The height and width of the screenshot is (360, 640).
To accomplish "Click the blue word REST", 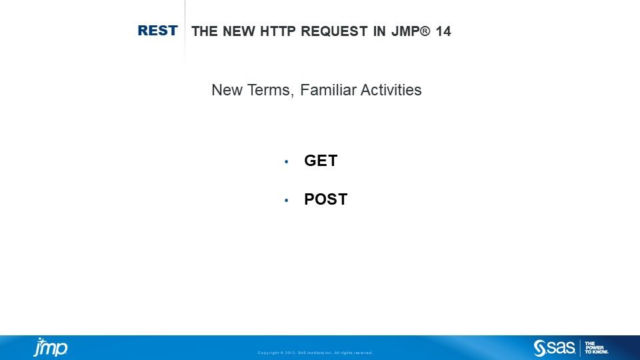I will tap(157, 31).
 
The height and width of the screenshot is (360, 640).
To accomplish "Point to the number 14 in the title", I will tap(443, 31).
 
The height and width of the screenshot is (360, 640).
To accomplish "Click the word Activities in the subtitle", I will tap(391, 90).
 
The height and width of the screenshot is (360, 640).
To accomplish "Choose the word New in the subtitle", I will tap(225, 90).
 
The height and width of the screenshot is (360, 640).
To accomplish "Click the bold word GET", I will tap(321, 161).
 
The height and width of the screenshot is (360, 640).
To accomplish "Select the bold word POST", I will tap(325, 199).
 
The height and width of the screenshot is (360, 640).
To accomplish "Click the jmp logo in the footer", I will tap(51, 347).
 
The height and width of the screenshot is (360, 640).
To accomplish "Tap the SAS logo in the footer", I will tap(555, 348).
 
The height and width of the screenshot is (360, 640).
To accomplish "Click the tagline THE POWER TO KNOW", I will tap(596, 348).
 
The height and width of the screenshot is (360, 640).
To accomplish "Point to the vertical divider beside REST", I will tap(185, 31).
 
